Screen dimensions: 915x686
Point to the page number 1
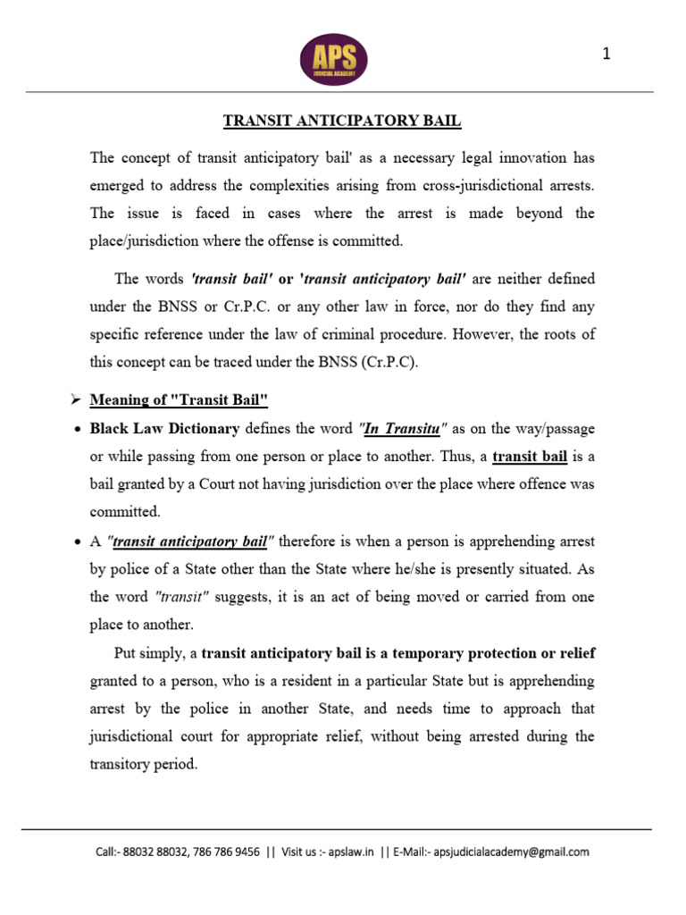coord(607,55)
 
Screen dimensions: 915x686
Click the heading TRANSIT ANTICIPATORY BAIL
coord(342,121)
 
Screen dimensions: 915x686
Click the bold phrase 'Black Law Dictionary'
coord(164,428)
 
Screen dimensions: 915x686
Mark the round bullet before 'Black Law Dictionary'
coord(77,429)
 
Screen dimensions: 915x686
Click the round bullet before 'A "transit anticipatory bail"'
coord(77,541)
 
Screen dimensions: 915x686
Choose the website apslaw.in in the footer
coord(349,852)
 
